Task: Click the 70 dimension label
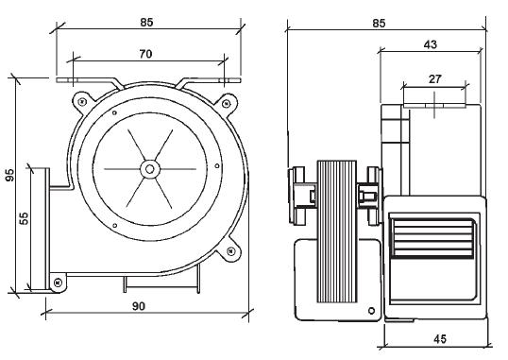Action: [144, 55]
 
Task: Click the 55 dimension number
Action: [25, 218]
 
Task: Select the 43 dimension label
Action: [430, 45]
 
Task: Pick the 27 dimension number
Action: [433, 80]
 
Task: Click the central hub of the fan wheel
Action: [149, 169]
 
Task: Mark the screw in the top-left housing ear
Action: [83, 100]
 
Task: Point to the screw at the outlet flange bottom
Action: [58, 282]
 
